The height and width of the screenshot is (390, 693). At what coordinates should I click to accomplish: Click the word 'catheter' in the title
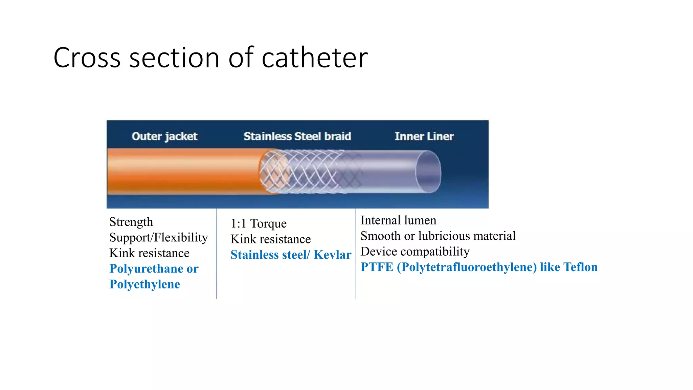click(x=315, y=58)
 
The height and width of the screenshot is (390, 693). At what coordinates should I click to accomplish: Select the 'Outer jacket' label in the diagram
click(x=164, y=136)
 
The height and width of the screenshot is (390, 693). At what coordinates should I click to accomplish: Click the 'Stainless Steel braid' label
click(x=297, y=136)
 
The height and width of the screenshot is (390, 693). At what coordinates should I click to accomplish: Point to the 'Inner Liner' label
click(x=424, y=136)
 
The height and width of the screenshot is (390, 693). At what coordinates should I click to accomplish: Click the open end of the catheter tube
click(x=428, y=172)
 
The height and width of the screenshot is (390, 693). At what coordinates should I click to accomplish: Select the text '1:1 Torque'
click(x=259, y=223)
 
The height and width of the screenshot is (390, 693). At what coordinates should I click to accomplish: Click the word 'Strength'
click(x=131, y=222)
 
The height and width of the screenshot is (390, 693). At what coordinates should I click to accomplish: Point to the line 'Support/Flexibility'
click(x=158, y=237)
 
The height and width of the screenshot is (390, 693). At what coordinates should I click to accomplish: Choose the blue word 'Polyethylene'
click(x=145, y=284)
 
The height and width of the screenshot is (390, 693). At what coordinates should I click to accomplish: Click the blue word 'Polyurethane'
click(x=146, y=268)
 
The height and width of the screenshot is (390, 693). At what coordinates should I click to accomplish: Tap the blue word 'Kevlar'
click(x=332, y=255)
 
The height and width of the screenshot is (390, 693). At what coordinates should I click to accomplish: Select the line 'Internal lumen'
click(x=398, y=220)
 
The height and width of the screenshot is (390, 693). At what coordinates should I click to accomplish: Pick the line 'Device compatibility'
click(x=415, y=251)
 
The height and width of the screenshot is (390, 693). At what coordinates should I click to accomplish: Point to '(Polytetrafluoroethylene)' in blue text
click(x=467, y=267)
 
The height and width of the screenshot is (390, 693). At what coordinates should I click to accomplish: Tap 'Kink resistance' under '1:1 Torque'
click(x=271, y=239)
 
